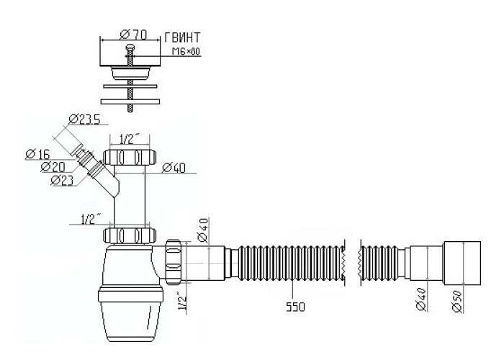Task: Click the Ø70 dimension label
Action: tap(133, 35)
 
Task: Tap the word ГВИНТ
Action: tap(182, 37)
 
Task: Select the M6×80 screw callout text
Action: tap(186, 51)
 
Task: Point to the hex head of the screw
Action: tap(130, 48)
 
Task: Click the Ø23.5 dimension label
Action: tap(84, 120)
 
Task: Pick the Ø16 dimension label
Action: tap(37, 154)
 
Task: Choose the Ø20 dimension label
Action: tap(53, 167)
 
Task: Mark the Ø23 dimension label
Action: tap(62, 180)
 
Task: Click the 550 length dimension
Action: tap(295, 307)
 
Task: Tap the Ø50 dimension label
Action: tap(457, 301)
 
